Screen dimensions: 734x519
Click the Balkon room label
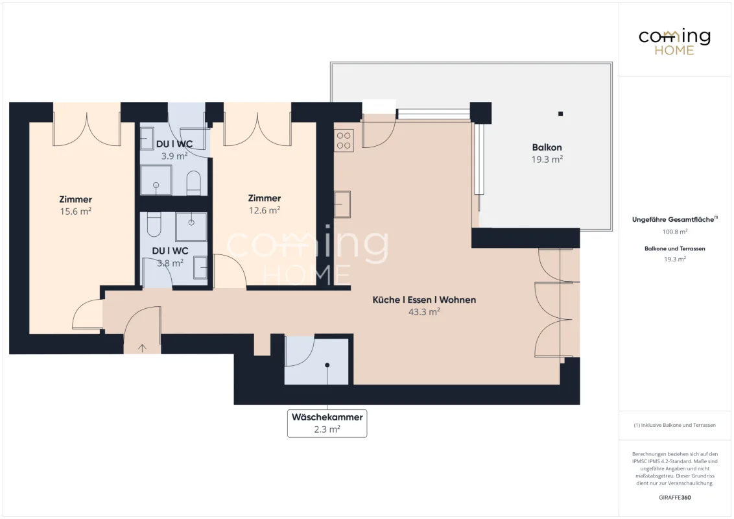tap(547, 147)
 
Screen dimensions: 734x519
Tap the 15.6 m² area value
tap(75, 211)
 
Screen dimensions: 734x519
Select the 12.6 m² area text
tap(265, 210)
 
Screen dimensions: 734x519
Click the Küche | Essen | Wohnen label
tap(424, 300)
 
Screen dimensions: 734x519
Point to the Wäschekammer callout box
tap(327, 423)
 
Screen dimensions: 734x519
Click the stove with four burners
tap(344, 141)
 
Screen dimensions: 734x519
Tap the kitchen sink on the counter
tap(342, 204)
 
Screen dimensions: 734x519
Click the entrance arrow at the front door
tap(142, 348)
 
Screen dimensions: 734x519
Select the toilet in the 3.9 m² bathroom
tap(194, 183)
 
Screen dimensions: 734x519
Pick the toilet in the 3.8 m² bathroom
tap(154, 224)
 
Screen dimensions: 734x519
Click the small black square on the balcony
tap(560, 114)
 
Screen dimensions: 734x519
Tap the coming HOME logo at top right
tap(674, 42)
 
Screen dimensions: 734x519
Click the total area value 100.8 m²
tap(674, 232)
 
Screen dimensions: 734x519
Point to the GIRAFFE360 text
tap(674, 498)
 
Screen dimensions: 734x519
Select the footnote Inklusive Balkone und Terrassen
tap(674, 426)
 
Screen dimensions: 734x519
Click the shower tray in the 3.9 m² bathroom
tap(156, 180)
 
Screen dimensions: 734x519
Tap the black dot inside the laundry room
tap(327, 365)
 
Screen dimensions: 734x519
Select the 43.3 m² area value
tap(424, 312)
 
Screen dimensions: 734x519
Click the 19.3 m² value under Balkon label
tap(547, 160)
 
